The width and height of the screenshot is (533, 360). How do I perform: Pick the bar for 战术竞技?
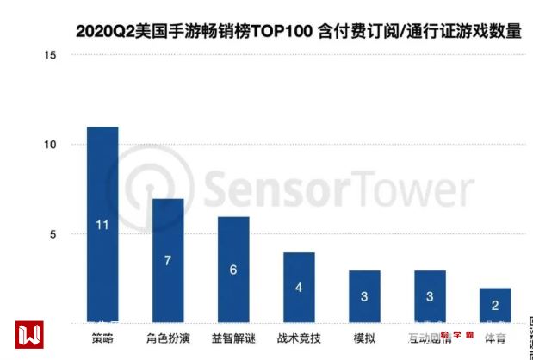pos(299,288)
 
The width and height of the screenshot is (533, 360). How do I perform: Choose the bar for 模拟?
pos(364,297)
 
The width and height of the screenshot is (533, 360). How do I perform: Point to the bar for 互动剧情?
pos(430,297)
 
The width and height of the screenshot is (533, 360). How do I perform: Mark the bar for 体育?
pos(495,306)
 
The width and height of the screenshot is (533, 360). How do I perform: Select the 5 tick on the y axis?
pos(53,234)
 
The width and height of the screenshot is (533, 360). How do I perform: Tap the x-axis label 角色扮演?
pos(168,338)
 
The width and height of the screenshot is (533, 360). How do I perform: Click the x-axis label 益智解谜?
pos(233,338)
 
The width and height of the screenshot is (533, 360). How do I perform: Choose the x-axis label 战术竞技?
pos(299,338)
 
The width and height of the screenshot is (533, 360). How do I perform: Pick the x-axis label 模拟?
pos(364,338)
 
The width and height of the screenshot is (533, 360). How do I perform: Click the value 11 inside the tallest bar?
pos(102,226)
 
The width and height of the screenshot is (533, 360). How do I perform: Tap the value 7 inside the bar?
pos(168,260)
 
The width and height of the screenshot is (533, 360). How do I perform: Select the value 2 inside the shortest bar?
pos(495,305)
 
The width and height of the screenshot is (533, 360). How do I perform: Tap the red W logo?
pos(29,333)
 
